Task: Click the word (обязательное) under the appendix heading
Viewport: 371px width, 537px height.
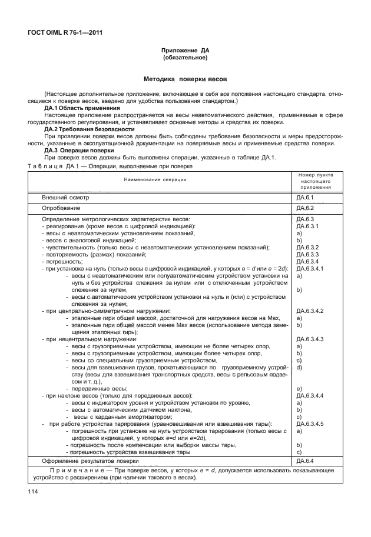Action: pyautogui.click(x=185, y=59)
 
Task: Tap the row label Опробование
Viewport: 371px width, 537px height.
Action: pyautogui.click(x=61, y=208)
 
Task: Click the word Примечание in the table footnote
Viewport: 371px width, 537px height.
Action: pyautogui.click(x=75, y=471)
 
